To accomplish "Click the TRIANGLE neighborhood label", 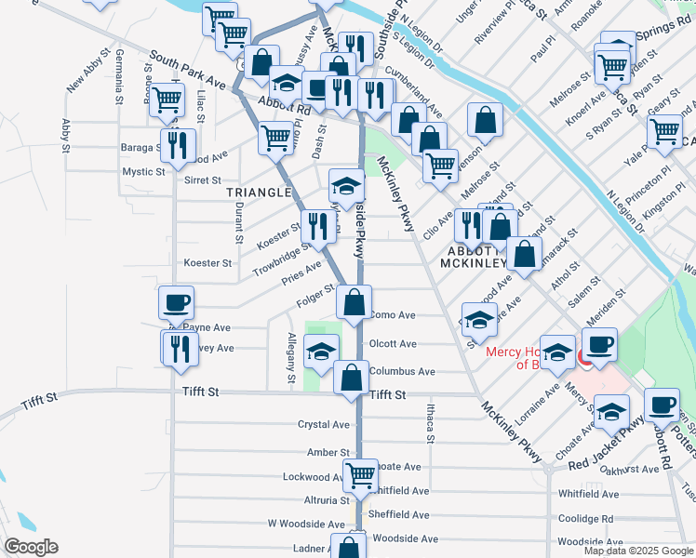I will tap(259, 193).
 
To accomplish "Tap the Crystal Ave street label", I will tap(323, 424).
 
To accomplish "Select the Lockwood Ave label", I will tap(313, 477).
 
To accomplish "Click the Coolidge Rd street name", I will tap(585, 519).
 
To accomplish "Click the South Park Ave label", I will tap(187, 70).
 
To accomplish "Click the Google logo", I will tap(31, 547).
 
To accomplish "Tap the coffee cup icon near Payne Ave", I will tap(176, 302).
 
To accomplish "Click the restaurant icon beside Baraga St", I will tap(177, 145).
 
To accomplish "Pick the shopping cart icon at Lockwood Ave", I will tap(360, 475).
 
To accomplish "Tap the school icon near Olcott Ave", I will tap(322, 352).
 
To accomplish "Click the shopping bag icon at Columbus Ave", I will tap(351, 378).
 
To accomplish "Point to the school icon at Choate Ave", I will tap(612, 411).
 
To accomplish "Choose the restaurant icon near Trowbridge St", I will tap(317, 225).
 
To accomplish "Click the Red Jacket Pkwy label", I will tap(607, 445).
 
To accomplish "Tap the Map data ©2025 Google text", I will tap(637, 551).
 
